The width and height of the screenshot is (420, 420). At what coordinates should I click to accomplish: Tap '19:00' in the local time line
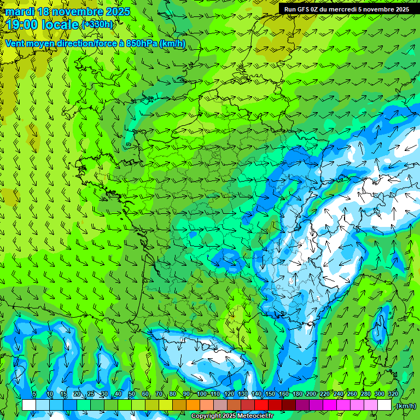(22, 25)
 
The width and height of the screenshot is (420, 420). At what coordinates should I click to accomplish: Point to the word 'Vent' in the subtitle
(15, 43)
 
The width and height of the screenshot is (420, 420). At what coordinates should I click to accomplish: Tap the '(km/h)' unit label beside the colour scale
(405, 405)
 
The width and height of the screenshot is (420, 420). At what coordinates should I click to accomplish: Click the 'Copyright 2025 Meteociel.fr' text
(232, 416)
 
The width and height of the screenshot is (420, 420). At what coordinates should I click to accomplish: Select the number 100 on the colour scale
(202, 394)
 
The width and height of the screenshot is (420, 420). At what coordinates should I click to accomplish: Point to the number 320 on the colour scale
(393, 394)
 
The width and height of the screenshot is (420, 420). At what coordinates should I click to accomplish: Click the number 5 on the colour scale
(34, 394)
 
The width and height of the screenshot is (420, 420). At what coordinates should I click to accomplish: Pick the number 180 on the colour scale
(297, 394)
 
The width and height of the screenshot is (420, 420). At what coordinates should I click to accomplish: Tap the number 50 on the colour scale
(132, 394)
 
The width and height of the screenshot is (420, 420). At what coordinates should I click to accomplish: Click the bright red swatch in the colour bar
(261, 405)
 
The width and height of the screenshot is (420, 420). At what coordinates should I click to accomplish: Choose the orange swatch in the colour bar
(193, 405)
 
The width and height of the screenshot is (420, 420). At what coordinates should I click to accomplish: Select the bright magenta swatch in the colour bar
(330, 405)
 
